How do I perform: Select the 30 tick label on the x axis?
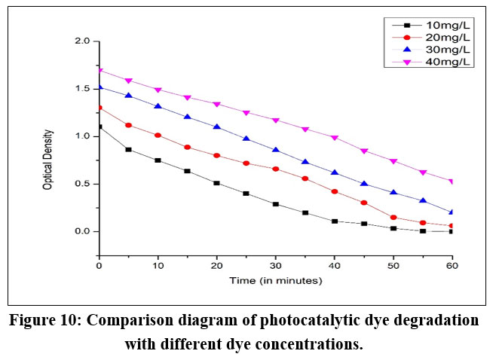pos(276,267)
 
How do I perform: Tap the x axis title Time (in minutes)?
pos(277,281)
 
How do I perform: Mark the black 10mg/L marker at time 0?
pos(100,127)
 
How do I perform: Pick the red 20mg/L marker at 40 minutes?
pos(335,191)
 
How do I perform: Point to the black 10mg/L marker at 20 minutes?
pos(217,183)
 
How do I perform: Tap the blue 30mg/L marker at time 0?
pos(100,87)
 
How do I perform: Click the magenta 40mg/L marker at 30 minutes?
pos(276,121)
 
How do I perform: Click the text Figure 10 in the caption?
pos(50,320)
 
